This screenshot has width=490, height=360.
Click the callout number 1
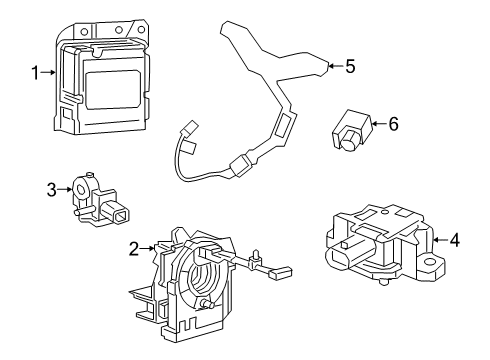point(35,72)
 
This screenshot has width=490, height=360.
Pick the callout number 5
point(350,67)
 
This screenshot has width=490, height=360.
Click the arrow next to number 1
point(48,72)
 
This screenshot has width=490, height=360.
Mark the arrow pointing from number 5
point(333,67)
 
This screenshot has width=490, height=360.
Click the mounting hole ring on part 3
point(77,188)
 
